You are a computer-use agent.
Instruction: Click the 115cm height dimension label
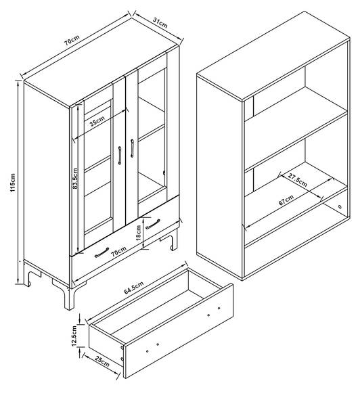click(x=13, y=183)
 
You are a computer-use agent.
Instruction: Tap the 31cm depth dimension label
click(x=160, y=23)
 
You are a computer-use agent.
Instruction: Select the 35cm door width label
click(x=97, y=121)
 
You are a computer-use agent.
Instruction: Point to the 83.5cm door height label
click(x=75, y=179)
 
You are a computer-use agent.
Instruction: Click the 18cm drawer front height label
click(x=138, y=233)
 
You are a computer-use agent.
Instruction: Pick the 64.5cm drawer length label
click(x=133, y=288)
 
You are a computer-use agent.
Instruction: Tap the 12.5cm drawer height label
click(x=74, y=336)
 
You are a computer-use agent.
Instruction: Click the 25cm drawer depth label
click(x=102, y=361)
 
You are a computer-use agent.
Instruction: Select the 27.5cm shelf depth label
click(x=298, y=181)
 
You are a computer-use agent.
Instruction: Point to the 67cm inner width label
click(x=286, y=200)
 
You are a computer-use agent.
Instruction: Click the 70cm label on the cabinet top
click(x=72, y=40)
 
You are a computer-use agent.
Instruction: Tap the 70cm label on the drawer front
click(x=118, y=252)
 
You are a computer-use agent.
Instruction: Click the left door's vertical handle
click(x=120, y=156)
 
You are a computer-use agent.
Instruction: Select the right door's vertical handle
click(x=132, y=148)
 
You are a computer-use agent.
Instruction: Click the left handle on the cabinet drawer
click(x=102, y=252)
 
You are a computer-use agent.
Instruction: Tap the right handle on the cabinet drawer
click(x=153, y=224)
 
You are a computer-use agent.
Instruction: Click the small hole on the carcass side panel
click(x=340, y=207)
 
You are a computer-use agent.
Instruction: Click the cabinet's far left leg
click(x=29, y=275)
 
